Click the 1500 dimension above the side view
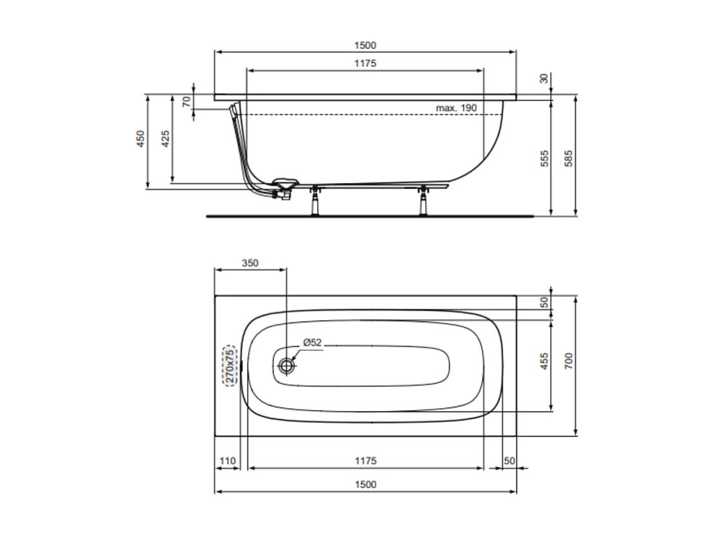(x=365, y=45)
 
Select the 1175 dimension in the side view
(x=365, y=63)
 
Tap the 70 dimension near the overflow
(x=187, y=101)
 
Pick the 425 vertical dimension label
(x=165, y=139)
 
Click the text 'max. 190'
(x=456, y=107)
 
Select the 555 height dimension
(x=544, y=158)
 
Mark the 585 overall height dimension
(x=568, y=158)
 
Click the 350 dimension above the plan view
(x=250, y=263)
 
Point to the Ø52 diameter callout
(x=312, y=343)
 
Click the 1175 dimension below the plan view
(x=365, y=461)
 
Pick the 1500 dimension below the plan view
(x=365, y=485)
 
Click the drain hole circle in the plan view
(x=287, y=366)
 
